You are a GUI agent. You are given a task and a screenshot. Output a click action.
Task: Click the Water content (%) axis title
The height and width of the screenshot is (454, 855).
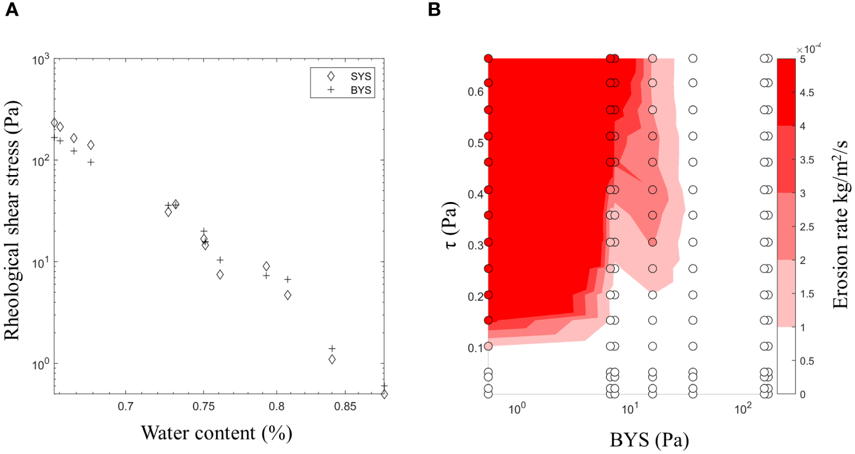pos(217,434)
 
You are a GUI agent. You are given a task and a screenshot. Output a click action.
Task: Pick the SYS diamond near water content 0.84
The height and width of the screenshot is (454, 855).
pos(332,359)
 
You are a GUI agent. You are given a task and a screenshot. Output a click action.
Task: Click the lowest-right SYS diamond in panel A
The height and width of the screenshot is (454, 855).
pos(384,393)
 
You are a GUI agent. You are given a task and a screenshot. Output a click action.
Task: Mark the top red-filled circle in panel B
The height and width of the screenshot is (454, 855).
pos(488,59)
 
